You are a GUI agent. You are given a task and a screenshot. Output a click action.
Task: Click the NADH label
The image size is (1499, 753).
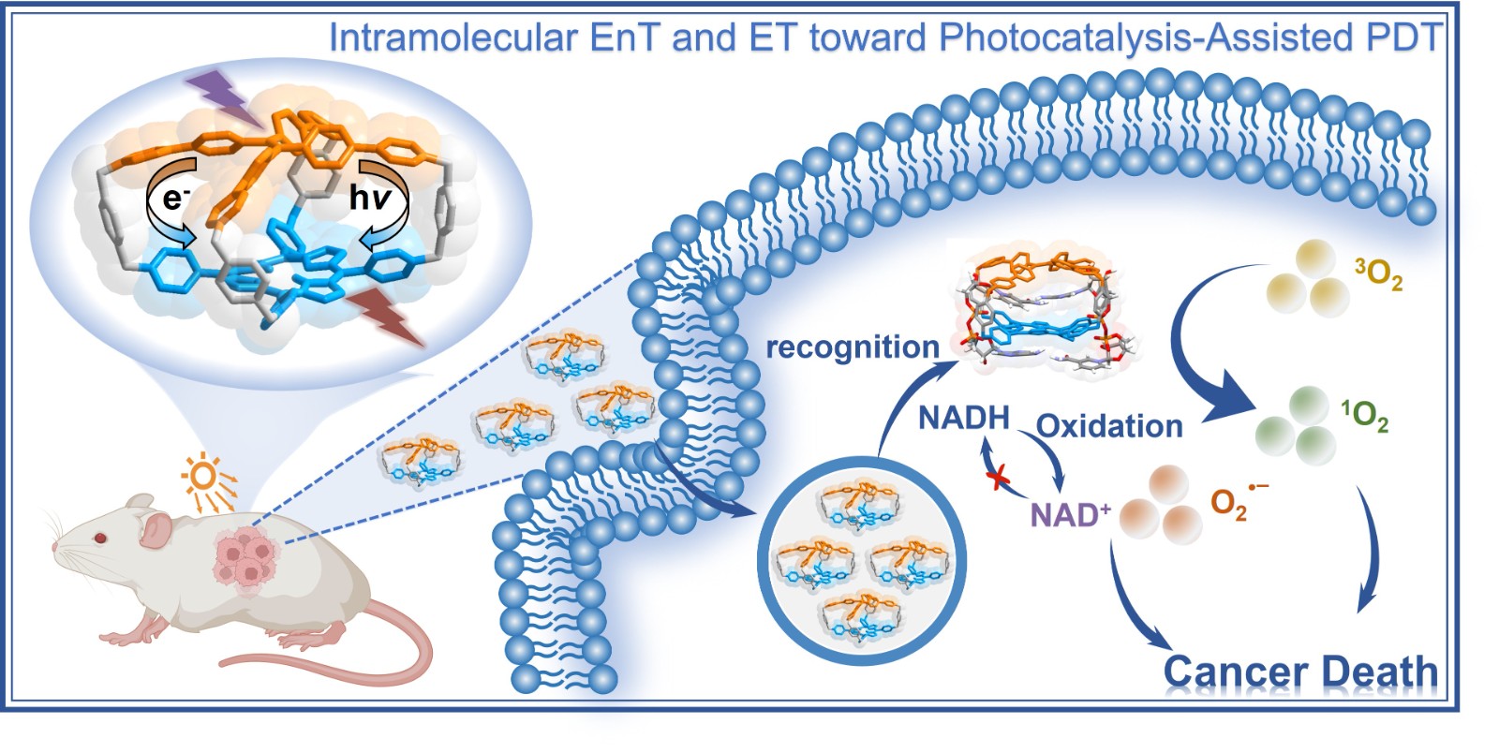[x=962, y=418]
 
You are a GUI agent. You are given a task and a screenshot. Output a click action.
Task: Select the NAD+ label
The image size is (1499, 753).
[x=1070, y=514]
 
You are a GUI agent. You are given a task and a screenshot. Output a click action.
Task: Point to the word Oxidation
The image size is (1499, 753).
[x=1109, y=426]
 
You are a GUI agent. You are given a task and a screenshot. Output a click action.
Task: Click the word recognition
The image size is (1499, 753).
[x=852, y=347]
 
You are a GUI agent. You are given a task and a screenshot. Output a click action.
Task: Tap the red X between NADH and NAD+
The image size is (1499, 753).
[x=1000, y=479]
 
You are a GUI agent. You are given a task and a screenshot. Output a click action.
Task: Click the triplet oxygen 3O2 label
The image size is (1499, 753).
[x=1378, y=274]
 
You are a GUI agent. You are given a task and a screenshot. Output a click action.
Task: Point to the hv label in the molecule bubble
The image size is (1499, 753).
[x=370, y=198]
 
